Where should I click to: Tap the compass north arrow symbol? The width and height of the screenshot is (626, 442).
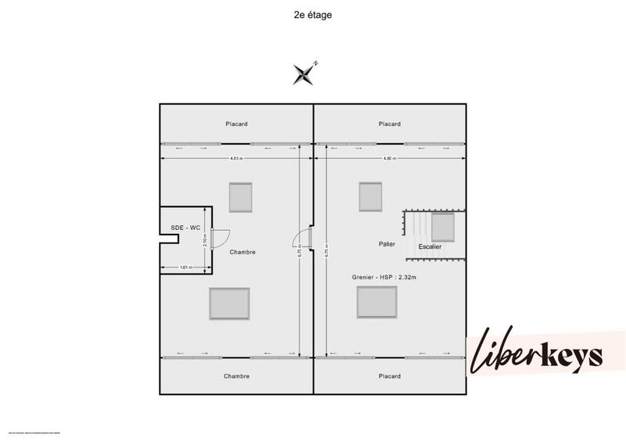coord(304,73)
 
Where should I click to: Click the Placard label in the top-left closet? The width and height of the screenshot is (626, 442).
coord(237,124)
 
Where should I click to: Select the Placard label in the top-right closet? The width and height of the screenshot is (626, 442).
coord(389,124)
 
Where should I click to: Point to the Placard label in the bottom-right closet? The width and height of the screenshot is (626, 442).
coord(389,376)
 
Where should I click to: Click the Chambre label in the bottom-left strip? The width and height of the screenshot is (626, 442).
coord(236,376)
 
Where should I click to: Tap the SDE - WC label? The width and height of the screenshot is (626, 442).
coord(186,228)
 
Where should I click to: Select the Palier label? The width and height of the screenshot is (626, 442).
coord(387,244)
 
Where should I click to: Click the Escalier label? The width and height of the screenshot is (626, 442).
coord(430,246)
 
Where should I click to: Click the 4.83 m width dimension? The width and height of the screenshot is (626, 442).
coord(236,159)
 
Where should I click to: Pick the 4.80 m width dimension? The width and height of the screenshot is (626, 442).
coord(389,159)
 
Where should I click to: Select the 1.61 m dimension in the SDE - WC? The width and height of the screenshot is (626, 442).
coord(185,268)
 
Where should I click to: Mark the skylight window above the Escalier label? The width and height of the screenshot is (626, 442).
coord(444,228)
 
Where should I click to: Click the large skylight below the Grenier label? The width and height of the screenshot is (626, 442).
coord(376,302)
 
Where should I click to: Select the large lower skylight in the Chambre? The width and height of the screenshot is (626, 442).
coord(229,303)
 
